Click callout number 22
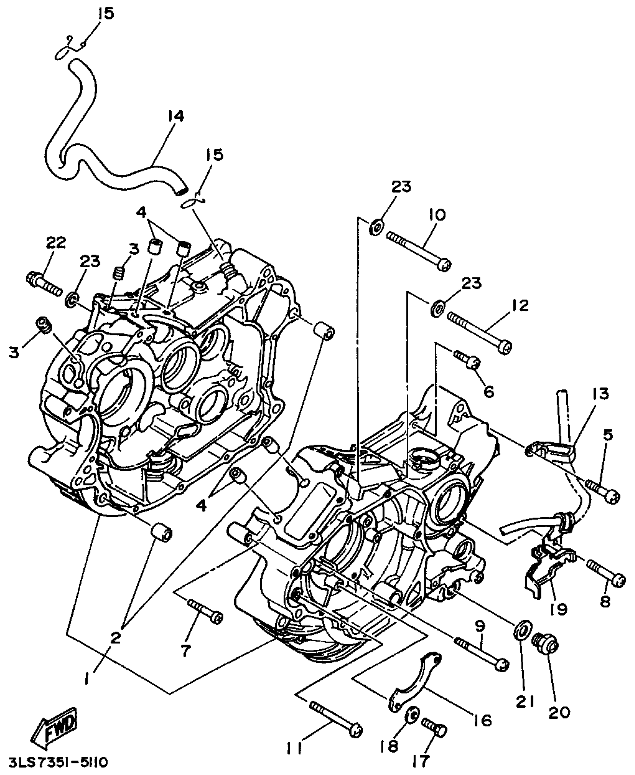56,243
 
